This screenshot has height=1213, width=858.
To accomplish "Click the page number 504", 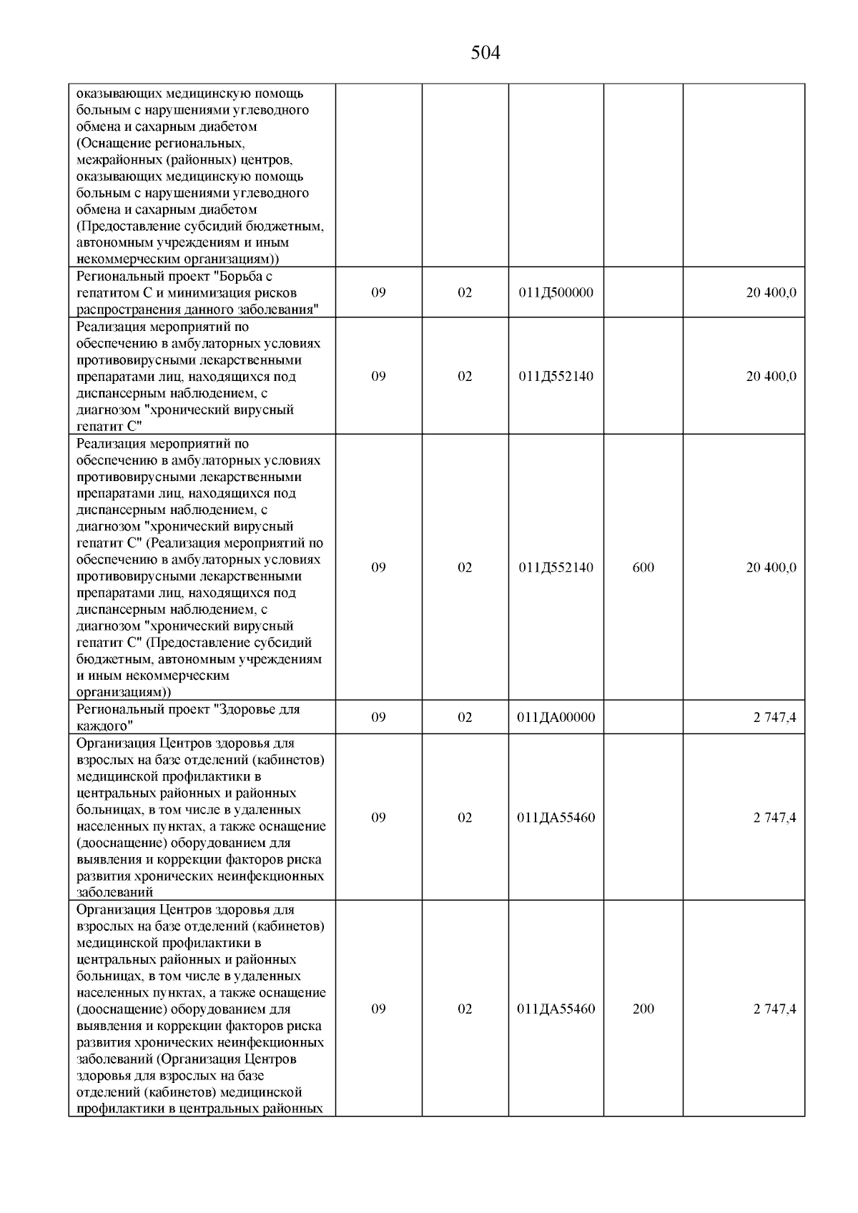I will [485, 53].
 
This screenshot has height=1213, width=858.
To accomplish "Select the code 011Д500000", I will [556, 292].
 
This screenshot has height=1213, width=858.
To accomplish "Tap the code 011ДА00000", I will [556, 717].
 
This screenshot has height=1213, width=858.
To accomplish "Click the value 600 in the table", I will [643, 568].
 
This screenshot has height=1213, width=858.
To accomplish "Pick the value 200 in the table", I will [643, 1009].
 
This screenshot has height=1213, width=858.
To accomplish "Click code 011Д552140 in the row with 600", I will [556, 568].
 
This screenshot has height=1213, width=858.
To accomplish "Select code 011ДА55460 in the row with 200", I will [556, 1009].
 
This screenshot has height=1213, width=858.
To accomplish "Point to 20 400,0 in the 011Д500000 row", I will [771, 292].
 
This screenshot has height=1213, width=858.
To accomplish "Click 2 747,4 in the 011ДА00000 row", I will [774, 717].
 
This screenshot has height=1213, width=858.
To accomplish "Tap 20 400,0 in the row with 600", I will [771, 568].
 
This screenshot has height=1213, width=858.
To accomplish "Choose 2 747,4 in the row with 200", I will [774, 1009].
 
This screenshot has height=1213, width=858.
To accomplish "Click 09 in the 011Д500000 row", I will [379, 292].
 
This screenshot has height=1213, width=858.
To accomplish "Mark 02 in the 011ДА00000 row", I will [465, 717].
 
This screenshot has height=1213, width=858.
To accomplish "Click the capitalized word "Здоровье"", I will [243, 709].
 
